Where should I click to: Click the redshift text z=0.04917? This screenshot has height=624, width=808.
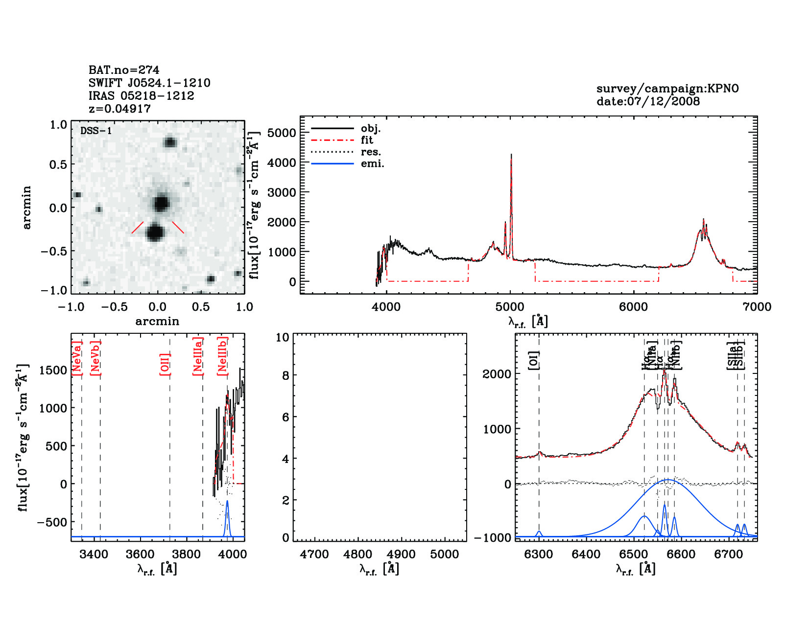click(119, 109)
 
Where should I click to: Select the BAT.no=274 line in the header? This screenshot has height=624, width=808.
click(124, 70)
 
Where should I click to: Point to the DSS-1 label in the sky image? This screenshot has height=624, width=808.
click(96, 131)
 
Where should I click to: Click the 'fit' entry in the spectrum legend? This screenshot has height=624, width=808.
click(367, 140)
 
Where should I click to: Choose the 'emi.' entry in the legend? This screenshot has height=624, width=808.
click(372, 163)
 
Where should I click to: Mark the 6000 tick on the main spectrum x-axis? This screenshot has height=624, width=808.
click(634, 307)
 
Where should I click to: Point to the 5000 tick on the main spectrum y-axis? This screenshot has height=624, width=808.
click(282, 133)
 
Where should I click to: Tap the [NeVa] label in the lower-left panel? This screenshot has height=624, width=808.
click(76, 358)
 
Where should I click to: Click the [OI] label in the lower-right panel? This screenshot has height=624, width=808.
click(534, 360)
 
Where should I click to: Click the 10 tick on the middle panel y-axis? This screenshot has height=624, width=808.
click(283, 337)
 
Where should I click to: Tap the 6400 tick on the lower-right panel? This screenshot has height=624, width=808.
click(586, 555)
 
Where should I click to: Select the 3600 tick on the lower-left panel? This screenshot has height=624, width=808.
click(141, 555)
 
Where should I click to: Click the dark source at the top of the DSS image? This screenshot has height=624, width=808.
click(170, 142)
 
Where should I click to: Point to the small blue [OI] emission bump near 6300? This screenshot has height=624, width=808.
click(539, 532)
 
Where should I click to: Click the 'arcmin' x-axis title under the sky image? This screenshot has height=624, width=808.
click(157, 322)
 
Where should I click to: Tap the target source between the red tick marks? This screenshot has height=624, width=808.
click(155, 232)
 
